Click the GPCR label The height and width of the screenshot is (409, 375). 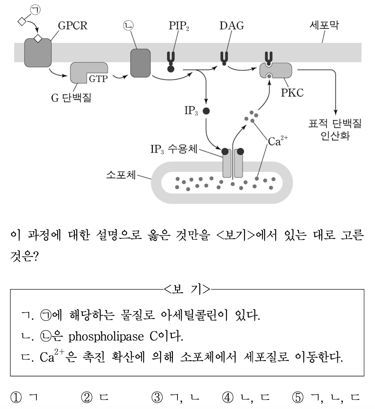[72, 26]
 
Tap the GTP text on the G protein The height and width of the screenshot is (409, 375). [98, 79]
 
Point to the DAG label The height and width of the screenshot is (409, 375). [232, 26]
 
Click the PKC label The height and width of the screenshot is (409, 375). [292, 93]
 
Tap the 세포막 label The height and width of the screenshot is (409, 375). [324, 26]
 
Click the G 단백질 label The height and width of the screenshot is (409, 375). [71, 98]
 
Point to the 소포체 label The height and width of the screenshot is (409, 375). [121, 174]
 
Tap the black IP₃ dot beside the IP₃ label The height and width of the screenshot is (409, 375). [206, 111]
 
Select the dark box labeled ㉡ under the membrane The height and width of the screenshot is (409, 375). [140, 63]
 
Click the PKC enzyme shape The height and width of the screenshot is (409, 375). [276, 70]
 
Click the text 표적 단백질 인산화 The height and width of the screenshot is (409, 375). [335, 129]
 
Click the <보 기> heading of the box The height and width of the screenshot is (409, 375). [187, 289]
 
